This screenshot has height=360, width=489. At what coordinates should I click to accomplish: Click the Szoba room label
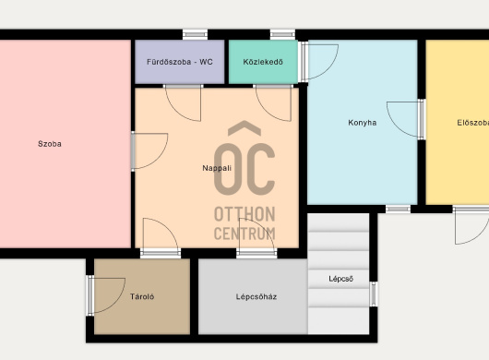tap(50, 144)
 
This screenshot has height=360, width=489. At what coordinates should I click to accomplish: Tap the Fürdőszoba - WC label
tap(180, 62)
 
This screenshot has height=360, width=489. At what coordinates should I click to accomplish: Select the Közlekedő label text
tap(263, 62)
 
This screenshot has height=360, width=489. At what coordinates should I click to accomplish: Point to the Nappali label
tap(217, 168)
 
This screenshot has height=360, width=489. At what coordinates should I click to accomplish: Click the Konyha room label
tap(362, 123)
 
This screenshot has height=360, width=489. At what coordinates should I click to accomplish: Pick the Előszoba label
tap(472, 123)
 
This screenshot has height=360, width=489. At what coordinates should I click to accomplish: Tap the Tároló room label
tap(142, 296)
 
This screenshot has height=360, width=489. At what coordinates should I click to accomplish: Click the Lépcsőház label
tap(256, 296)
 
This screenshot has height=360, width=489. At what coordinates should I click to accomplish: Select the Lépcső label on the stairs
tap(340, 279)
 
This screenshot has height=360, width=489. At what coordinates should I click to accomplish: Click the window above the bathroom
tap(195, 34)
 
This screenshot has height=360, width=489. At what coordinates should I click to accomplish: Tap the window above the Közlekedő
tap(282, 34)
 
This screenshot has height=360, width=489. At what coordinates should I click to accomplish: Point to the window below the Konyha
tap(399, 209)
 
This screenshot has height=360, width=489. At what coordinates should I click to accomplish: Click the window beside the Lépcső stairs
tap(374, 294)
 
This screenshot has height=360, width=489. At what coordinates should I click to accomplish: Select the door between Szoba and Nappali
tap(150, 151)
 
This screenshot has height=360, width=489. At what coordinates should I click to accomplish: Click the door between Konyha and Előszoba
tap(405, 119)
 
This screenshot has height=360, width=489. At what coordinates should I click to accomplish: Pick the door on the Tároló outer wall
tap(106, 295)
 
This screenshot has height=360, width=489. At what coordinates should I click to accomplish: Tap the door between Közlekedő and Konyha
tap(318, 62)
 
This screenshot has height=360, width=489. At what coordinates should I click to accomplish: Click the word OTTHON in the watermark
tap(244, 214)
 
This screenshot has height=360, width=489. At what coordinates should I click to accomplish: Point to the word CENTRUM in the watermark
tap(244, 234)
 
